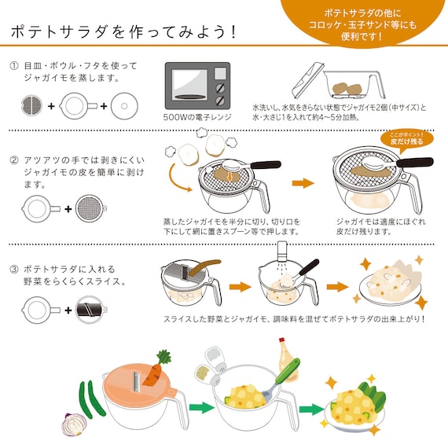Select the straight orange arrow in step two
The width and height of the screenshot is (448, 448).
click(303, 183)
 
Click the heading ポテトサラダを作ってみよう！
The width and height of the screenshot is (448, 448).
click(125, 33)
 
